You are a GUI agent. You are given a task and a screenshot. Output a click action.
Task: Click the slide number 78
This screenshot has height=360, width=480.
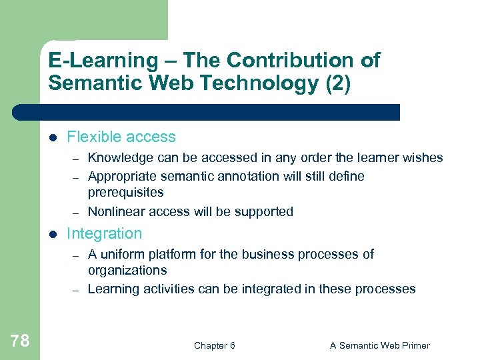(x=20, y=341)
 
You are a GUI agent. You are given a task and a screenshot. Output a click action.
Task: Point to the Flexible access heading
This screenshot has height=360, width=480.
(x=121, y=137)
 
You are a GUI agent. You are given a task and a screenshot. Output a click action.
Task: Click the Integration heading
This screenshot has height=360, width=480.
(x=105, y=234)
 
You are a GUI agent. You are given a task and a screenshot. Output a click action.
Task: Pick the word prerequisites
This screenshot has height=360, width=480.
(x=125, y=193)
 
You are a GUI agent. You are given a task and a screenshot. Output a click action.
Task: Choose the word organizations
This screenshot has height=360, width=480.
(x=127, y=271)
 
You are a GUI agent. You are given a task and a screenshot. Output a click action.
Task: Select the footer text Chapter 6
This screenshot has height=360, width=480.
(x=214, y=345)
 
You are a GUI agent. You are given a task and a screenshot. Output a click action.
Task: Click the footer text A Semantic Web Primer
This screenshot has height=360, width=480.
(x=379, y=345)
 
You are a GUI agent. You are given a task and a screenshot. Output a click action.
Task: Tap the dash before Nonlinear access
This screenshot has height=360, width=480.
(x=77, y=213)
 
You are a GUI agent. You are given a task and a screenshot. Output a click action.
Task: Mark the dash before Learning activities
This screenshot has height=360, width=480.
(x=77, y=290)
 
